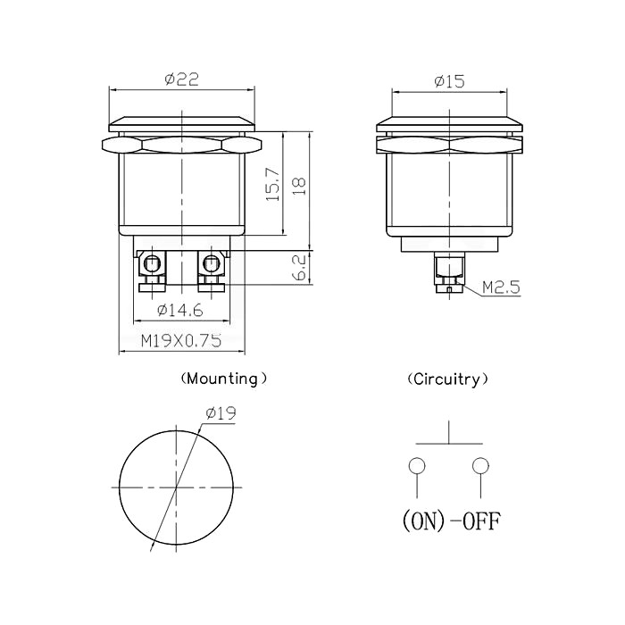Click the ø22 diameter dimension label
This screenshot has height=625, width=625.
coord(182,79)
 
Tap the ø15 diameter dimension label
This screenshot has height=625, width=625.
coord(450,82)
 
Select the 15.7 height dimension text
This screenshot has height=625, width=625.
coord(274,184)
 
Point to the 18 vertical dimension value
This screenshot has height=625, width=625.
coord(299,186)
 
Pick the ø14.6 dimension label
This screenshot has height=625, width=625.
coord(180,310)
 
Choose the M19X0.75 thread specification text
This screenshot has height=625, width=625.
coord(181,341)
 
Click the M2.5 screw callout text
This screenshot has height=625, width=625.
coord(502,287)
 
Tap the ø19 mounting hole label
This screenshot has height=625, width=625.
coord(221,413)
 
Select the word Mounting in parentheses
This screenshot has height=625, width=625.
coord(223,379)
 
